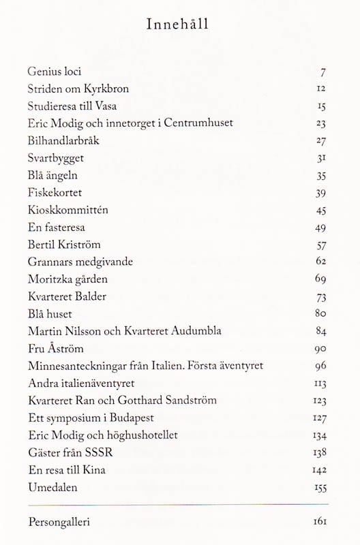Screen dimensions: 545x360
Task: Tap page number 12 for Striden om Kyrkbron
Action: (x=322, y=89)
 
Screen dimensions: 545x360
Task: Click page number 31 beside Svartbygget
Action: (x=322, y=159)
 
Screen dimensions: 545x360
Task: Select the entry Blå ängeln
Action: (x=57, y=176)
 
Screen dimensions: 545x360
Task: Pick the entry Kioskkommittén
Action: (x=68, y=210)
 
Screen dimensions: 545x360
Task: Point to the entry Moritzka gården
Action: (x=68, y=279)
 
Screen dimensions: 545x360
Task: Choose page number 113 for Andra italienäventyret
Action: (x=320, y=384)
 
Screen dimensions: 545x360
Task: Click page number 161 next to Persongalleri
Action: (x=320, y=523)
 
